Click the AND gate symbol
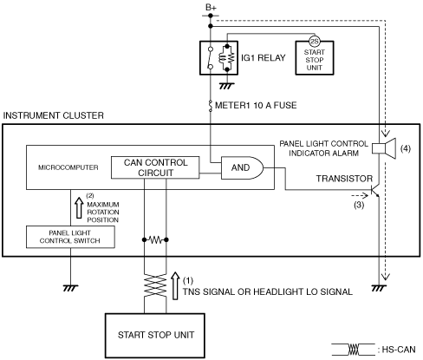[242, 167]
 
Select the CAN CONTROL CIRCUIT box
[155, 167]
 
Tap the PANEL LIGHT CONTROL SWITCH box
[70, 237]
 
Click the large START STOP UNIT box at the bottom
[155, 336]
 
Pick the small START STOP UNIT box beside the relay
[315, 58]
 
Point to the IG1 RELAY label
[264, 58]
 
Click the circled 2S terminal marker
[314, 42]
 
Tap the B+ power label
[211, 8]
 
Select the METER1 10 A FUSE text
[256, 105]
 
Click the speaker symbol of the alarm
[384, 148]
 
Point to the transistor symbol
[374, 191]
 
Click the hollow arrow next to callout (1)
[175, 285]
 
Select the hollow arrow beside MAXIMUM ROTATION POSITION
[79, 208]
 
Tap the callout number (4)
[406, 148]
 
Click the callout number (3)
[359, 205]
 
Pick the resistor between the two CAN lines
[155, 239]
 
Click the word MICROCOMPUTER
[68, 167]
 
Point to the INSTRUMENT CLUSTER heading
[53, 115]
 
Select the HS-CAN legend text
[399, 350]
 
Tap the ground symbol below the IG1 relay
[227, 86]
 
